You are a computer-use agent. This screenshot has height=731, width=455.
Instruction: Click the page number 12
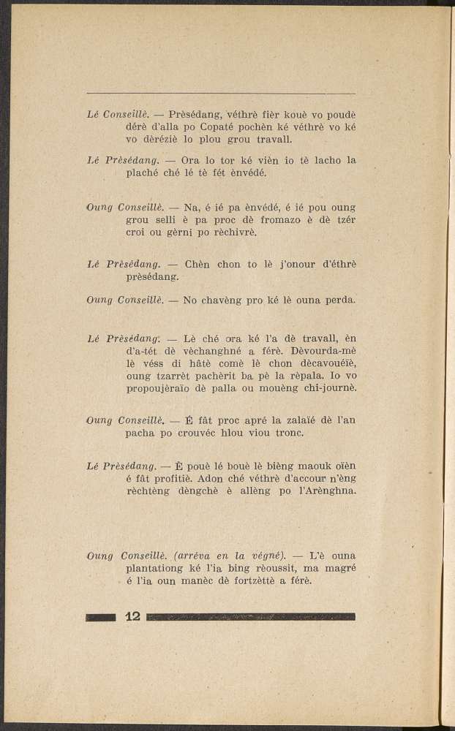pos(132,616)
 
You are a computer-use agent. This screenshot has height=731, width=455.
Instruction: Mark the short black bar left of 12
pos(101,617)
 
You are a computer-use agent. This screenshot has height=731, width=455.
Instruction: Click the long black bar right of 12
pos(251,617)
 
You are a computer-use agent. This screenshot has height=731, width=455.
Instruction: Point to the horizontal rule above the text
pos(221,94)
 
